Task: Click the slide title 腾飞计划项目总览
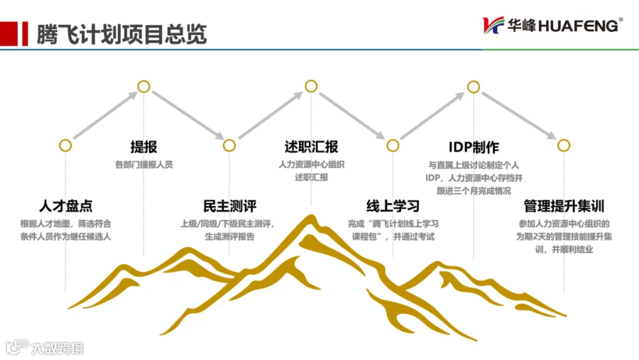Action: tap(121, 34)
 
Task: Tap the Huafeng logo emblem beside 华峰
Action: tap(493, 26)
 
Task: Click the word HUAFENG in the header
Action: tap(578, 26)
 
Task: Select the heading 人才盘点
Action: tap(65, 206)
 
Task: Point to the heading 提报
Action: tap(143, 147)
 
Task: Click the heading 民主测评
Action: tap(229, 206)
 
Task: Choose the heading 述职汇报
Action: tap(311, 147)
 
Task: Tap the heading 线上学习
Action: tap(393, 206)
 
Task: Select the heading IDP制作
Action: tap(474, 147)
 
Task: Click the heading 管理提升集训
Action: tap(564, 206)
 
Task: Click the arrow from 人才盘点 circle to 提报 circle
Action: tap(106, 115)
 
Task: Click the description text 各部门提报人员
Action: tap(143, 165)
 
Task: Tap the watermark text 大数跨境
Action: tap(58, 348)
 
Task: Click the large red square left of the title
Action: tap(9, 33)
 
